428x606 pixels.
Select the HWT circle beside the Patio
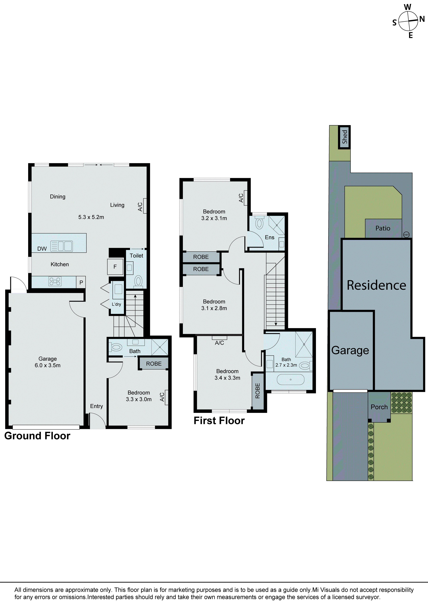pos(406,235)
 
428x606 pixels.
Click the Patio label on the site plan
pos(383,228)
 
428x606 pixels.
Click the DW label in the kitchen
pos(42,249)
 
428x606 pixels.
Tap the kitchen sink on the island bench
pos(61,246)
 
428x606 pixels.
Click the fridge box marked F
pos(115,267)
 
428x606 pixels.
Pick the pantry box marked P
pos(81,282)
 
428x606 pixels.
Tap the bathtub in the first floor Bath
pos(290,380)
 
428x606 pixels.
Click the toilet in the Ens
pos(259,223)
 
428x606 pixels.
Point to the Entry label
pos(96,406)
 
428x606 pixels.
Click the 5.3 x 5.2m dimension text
pos(91,217)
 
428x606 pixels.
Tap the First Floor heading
pos(219,421)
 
